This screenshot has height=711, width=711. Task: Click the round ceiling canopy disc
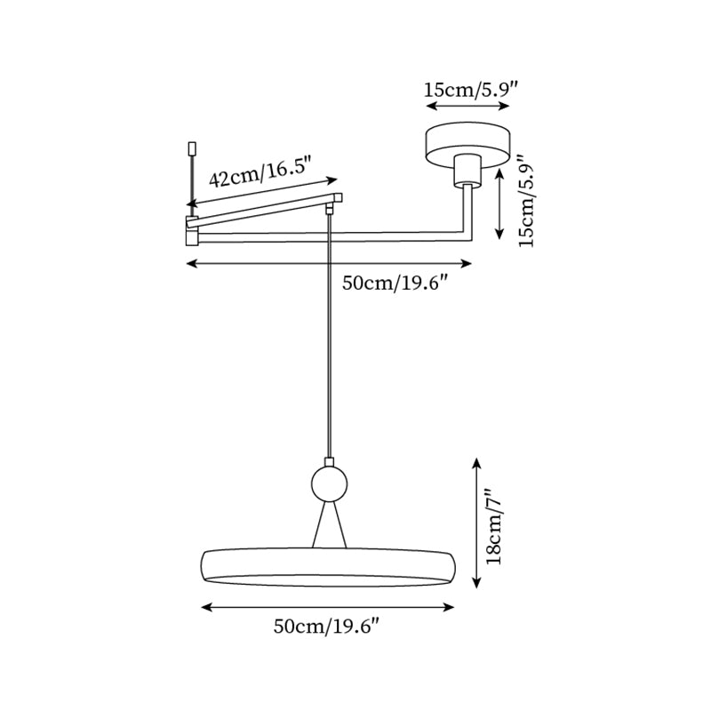pos(467,142)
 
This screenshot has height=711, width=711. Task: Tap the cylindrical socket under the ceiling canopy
pos(467,171)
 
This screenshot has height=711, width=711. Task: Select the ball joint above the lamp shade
pos(329,483)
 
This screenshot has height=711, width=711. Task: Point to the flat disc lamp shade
pos(328,567)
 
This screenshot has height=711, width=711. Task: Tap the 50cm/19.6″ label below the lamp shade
pos(327,627)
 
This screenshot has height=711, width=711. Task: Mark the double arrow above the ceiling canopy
pos(468,106)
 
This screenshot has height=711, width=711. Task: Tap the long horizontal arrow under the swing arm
pos(328,263)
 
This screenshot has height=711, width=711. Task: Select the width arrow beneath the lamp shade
pos(328,608)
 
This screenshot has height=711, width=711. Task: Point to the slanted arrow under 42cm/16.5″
pos(262,192)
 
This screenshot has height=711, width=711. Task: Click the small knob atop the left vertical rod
pos(190,148)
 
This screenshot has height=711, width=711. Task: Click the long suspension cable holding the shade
pos(330,338)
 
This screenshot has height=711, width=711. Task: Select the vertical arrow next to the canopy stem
pos(500,204)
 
